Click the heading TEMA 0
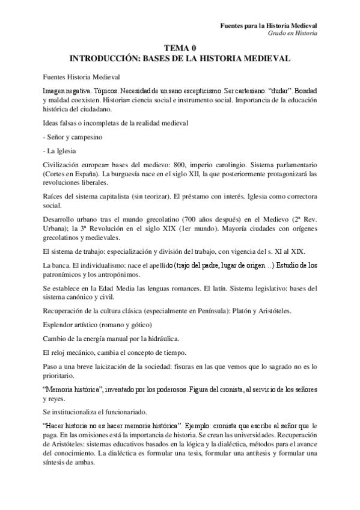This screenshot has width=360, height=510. pyautogui.click(x=180, y=49)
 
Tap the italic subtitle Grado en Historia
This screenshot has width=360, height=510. pyautogui.click(x=293, y=34)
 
